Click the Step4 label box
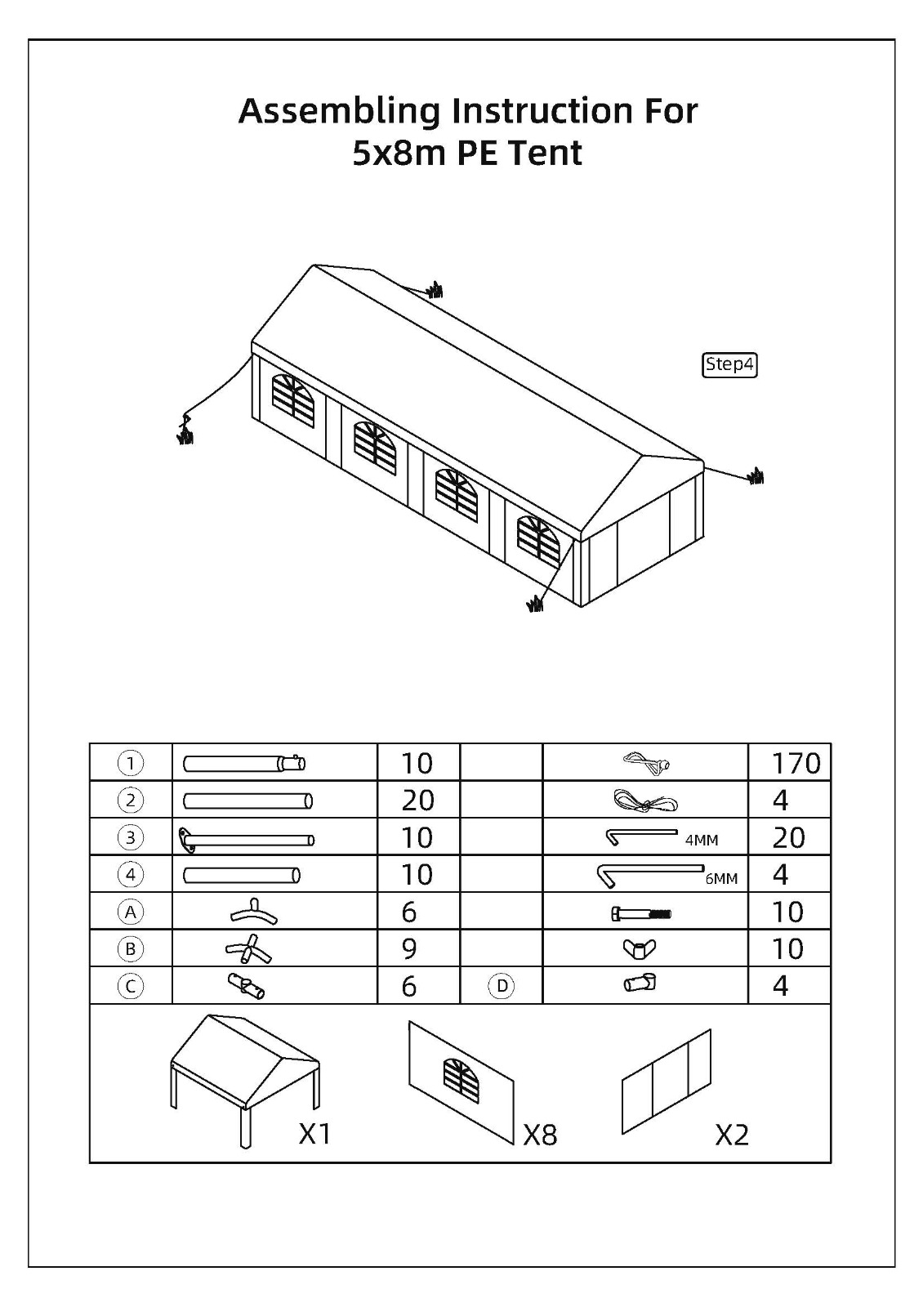(x=729, y=364)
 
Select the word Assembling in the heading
(x=339, y=111)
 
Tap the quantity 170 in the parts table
(x=796, y=763)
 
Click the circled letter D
(x=502, y=986)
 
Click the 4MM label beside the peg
(x=702, y=841)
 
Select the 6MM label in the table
(x=721, y=879)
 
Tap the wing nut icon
(x=640, y=949)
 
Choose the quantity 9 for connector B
(x=409, y=948)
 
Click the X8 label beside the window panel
(x=540, y=1135)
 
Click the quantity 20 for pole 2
(x=417, y=800)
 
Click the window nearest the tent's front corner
(x=540, y=538)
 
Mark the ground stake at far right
(x=756, y=476)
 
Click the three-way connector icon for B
(x=249, y=949)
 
